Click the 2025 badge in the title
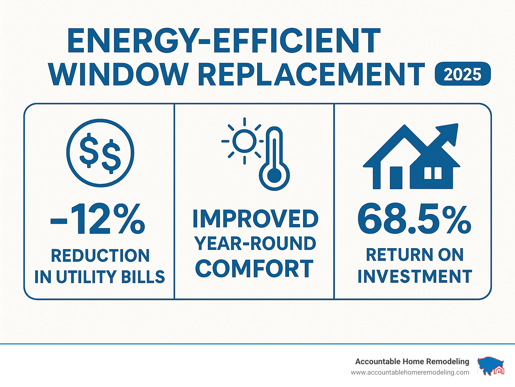click(x=462, y=74)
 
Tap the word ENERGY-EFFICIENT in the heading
click(x=224, y=41)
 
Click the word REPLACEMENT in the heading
click(x=311, y=74)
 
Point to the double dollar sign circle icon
click(x=100, y=153)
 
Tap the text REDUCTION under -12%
click(x=100, y=256)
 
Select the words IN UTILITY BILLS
click(x=100, y=277)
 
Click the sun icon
click(x=244, y=141)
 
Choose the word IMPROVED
click(x=255, y=219)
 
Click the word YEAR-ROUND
click(x=255, y=243)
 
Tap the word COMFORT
click(x=254, y=269)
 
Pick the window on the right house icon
click(x=433, y=173)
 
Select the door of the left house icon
click(x=396, y=177)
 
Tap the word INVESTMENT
click(x=415, y=277)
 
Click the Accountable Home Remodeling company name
click(x=412, y=362)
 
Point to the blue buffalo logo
click(x=490, y=366)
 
